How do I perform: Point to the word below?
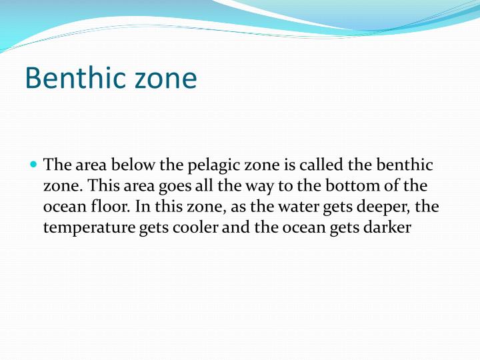click(x=135, y=165)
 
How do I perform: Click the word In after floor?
click(x=141, y=206)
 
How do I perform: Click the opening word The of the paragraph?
click(x=56, y=165)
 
